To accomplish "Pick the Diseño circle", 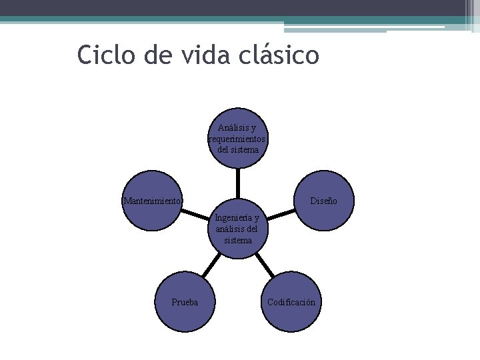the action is coord(323,201).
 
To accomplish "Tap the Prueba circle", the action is coord(185,302).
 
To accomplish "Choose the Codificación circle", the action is coord(291,302).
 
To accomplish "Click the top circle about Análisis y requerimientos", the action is coord(238,138).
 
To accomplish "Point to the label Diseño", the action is coord(323,201).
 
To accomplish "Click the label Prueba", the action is coord(185,302).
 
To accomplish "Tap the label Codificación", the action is coord(291,302).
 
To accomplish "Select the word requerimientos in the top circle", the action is coord(238,139).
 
